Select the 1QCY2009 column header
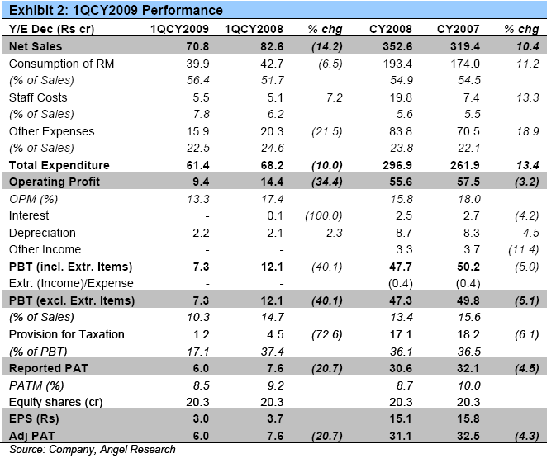[x=178, y=30]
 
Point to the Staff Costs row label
[x=38, y=97]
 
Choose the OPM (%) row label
[x=34, y=199]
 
